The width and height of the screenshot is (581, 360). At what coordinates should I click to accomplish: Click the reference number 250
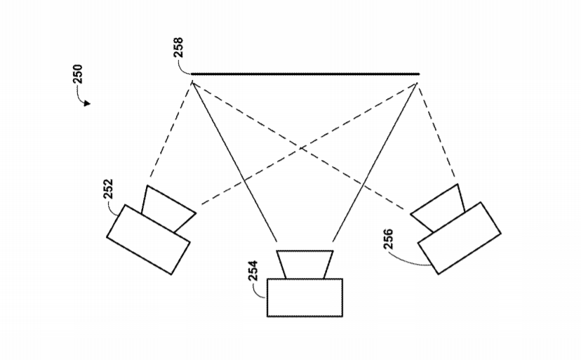77,74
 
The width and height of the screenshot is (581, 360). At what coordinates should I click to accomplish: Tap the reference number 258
178,47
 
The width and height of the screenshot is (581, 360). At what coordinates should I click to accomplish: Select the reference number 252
108,189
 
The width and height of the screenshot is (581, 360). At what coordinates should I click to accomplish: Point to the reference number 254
253,271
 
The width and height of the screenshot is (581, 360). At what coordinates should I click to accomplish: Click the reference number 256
388,239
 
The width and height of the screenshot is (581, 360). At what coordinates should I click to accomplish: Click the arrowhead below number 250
87,103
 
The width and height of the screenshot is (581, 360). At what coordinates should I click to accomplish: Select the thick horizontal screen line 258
305,74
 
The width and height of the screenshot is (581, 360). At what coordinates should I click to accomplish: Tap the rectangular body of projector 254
305,298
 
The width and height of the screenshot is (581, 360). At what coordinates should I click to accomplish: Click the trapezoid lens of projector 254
305,265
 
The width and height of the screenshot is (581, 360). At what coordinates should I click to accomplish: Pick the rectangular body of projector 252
148,239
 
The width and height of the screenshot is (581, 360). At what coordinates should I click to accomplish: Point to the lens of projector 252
168,208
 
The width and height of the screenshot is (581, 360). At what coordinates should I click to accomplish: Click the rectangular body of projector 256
460,238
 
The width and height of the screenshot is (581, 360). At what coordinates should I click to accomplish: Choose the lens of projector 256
438,208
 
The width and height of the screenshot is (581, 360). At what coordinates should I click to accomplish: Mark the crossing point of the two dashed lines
302,148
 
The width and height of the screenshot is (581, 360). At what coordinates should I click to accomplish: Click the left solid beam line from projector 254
234,161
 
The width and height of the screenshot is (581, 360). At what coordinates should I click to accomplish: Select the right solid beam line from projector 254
375,162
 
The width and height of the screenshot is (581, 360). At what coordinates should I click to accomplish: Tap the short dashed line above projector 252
171,130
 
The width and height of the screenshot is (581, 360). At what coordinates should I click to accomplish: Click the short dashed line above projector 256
437,130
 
